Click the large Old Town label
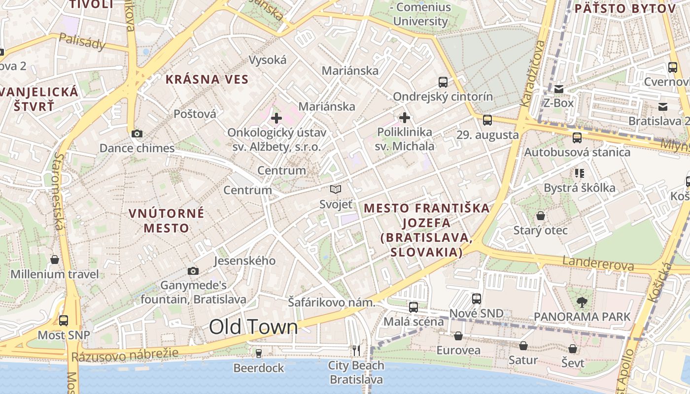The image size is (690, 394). pyautogui.click(x=253, y=327)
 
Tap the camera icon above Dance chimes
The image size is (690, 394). pyautogui.click(x=137, y=133)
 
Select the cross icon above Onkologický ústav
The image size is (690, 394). pyautogui.click(x=276, y=118)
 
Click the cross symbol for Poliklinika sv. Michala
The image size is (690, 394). pyautogui.click(x=405, y=118)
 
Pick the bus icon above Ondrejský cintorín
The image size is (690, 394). pyautogui.click(x=443, y=82)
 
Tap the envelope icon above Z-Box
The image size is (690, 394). pyautogui.click(x=559, y=89)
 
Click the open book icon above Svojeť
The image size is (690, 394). pyautogui.click(x=336, y=190)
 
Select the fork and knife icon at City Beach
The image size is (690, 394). pyautogui.click(x=356, y=351)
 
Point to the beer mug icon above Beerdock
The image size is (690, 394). pyautogui.click(x=258, y=354)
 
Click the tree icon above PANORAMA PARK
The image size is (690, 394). pyautogui.click(x=582, y=302)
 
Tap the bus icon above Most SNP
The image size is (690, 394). pyautogui.click(x=64, y=321)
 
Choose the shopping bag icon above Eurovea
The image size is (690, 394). pyautogui.click(x=458, y=336)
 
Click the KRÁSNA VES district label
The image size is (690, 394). pyautogui.click(x=207, y=79)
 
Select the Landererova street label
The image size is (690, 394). pyautogui.click(x=598, y=263)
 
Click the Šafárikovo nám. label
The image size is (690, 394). pyautogui.click(x=332, y=302)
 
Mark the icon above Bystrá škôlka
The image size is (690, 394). pyautogui.click(x=580, y=173)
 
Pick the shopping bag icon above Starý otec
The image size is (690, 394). pyautogui.click(x=541, y=216)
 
